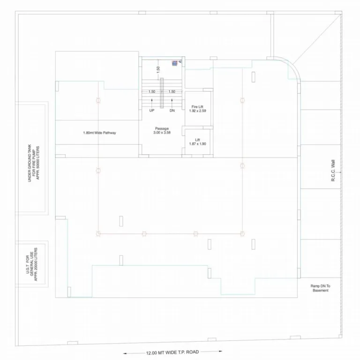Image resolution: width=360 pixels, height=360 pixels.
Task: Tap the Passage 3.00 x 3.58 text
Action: (x=162, y=130)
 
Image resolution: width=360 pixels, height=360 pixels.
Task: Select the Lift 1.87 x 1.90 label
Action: (x=197, y=142)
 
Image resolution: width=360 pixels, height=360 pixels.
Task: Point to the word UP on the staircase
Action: (x=152, y=111)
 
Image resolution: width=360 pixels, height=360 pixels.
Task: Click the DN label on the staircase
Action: (x=172, y=111)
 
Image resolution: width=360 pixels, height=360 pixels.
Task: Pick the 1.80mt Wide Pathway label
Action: (x=99, y=133)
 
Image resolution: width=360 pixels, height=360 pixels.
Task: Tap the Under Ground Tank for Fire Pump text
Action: (x=34, y=163)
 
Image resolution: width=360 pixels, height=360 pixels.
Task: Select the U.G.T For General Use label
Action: (x=32, y=264)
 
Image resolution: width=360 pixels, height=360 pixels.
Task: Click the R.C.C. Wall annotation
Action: (x=333, y=171)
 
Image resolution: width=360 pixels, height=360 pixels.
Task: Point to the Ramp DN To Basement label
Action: (x=320, y=288)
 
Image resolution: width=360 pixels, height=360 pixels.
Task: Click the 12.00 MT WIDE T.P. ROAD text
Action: (x=172, y=352)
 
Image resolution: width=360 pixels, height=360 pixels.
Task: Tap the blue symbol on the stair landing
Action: (x=175, y=63)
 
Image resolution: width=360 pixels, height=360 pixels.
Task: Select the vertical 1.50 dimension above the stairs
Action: (x=158, y=69)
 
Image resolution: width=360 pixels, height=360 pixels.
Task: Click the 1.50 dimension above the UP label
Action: (x=152, y=91)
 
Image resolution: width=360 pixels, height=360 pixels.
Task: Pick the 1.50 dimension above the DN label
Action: (x=172, y=91)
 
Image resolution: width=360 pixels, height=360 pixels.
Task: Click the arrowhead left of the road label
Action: (x=125, y=353)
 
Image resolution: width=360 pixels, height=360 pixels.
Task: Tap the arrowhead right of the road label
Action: (x=221, y=351)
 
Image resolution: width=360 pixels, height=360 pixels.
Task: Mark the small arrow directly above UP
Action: (x=152, y=100)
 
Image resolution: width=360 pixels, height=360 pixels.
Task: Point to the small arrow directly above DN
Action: (x=172, y=100)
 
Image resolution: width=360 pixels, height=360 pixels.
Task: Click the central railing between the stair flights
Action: (x=162, y=93)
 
